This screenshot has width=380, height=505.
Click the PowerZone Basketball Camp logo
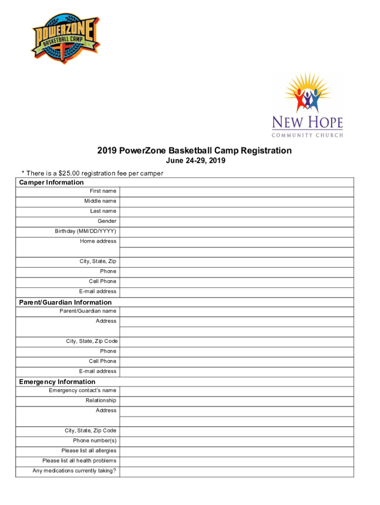pyautogui.click(x=65, y=39)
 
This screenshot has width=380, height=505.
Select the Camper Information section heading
pyautogui.click(x=51, y=182)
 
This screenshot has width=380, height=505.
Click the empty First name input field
pyautogui.click(x=236, y=191)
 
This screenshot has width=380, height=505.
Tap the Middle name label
pyautogui.click(x=100, y=201)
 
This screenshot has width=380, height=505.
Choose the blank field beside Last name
pyautogui.click(x=236, y=212)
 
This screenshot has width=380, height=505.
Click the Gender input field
pyautogui.click(x=236, y=221)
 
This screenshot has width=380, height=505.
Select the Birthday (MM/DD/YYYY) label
pyautogui.click(x=86, y=231)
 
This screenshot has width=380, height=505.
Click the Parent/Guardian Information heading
pyautogui.click(x=65, y=302)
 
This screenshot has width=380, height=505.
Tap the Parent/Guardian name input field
pyautogui.click(x=236, y=312)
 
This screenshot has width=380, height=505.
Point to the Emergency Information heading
pyautogui.click(x=57, y=382)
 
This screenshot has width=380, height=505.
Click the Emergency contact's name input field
pyautogui.click(x=236, y=391)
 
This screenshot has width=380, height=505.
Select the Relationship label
pyautogui.click(x=101, y=400)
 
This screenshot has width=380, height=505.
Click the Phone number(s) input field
pyautogui.click(x=236, y=441)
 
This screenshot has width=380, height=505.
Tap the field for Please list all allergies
pyautogui.click(x=236, y=451)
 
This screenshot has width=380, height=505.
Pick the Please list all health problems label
pyautogui.click(x=79, y=461)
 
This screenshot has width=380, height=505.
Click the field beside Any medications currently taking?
pyautogui.click(x=236, y=471)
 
